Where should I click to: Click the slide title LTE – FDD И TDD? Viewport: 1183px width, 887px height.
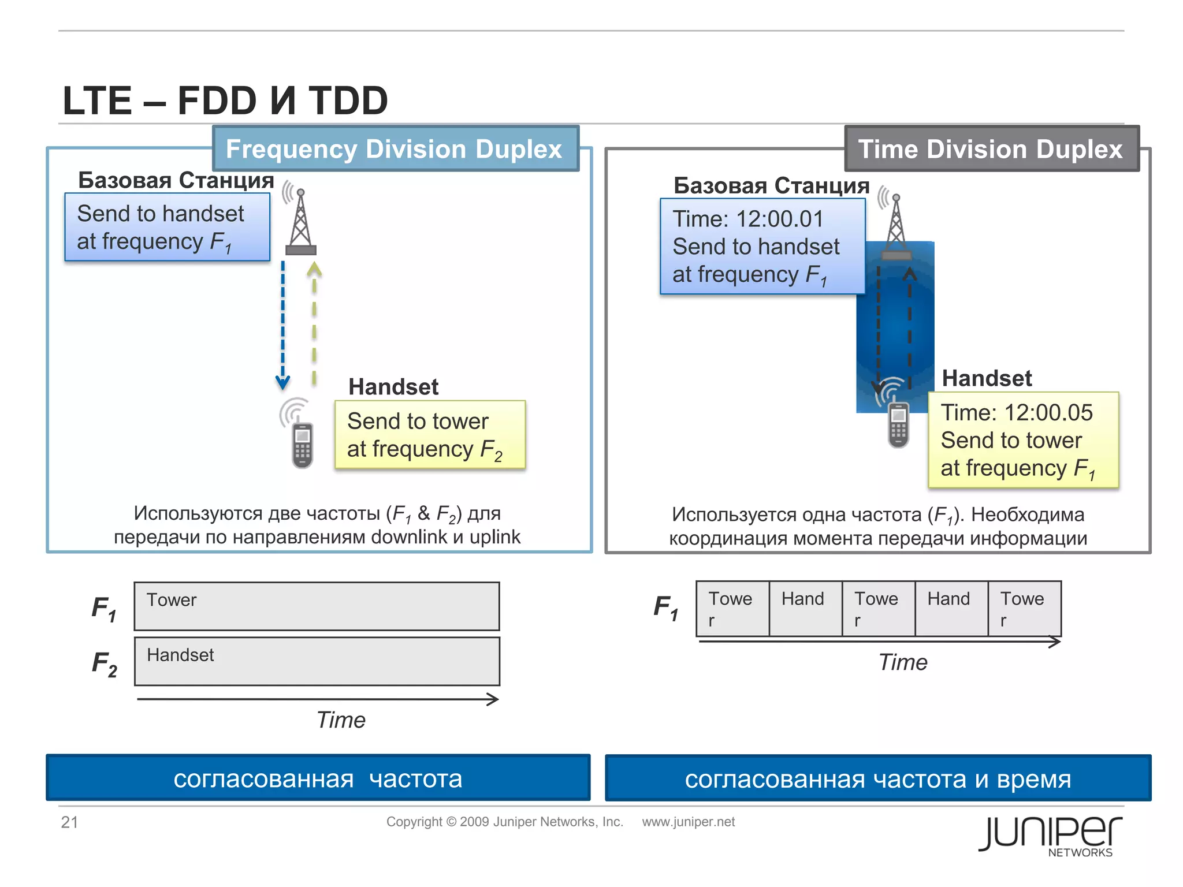225,100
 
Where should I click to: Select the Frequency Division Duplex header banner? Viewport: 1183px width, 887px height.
395,149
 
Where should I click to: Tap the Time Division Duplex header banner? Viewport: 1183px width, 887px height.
991,149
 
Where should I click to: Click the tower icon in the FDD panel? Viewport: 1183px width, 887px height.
300,223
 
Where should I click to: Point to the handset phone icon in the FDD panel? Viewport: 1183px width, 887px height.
302,445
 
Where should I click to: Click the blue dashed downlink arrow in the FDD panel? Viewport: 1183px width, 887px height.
282,323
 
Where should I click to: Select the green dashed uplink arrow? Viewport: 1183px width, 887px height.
314,323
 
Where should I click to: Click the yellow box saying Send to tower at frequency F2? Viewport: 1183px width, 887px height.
430,435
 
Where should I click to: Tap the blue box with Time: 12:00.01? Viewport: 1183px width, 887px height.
762,247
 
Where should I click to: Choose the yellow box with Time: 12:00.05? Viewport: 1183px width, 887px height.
1023,440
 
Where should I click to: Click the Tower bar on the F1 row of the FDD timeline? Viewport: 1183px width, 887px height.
317,606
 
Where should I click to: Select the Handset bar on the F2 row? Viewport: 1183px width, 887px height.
317,661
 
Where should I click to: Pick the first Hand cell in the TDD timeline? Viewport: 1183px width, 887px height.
805,609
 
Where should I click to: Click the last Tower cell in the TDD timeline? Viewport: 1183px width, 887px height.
1024,609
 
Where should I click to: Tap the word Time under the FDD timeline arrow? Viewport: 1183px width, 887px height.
341,720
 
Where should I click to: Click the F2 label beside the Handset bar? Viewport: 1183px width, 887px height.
105,664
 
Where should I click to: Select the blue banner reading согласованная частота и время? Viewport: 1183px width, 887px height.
877,778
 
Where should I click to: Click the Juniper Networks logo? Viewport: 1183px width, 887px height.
1050,836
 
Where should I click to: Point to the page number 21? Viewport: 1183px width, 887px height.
69,822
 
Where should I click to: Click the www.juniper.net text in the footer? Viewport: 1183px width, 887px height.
688,822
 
